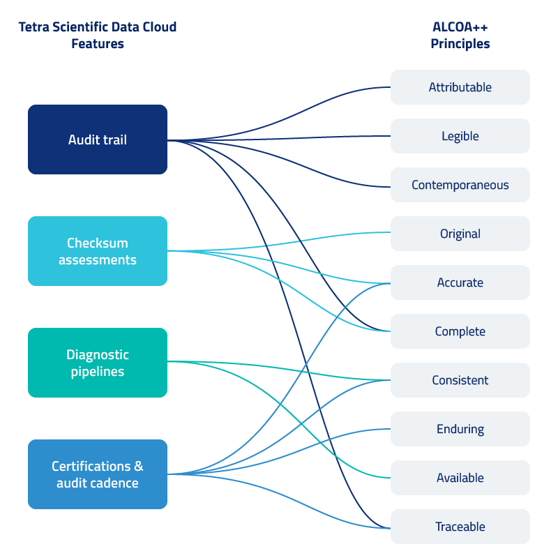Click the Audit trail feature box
[98, 139]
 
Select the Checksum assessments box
[98, 251]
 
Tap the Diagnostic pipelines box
[98, 363]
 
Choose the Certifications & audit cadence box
[98, 474]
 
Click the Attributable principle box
[460, 87]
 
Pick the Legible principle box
[460, 136]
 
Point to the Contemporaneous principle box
[460, 185]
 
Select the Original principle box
[460, 234]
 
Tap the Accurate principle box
[460, 282]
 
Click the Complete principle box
[460, 331]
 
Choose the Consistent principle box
[460, 380]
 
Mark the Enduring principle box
[460, 429]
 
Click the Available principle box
[460, 478]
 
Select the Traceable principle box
[460, 527]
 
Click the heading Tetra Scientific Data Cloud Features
[98, 35]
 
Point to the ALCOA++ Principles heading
[460, 35]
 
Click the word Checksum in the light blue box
[98, 243]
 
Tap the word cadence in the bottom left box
[116, 483]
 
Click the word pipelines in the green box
[98, 372]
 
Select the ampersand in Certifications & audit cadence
[139, 467]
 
